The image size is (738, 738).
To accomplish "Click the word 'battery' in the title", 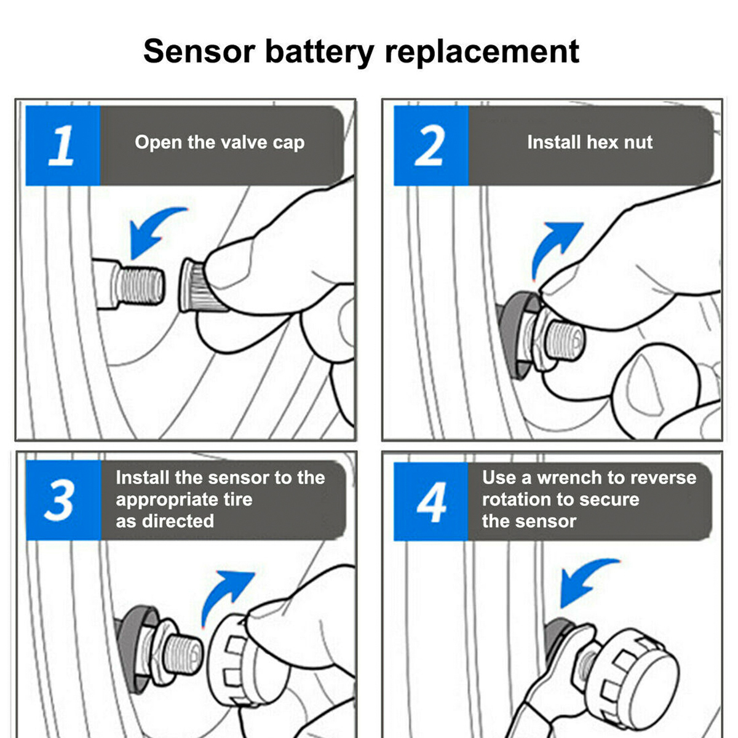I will (319, 51).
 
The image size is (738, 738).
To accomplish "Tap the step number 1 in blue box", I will (62, 146).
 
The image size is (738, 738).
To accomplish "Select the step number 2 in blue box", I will (430, 146).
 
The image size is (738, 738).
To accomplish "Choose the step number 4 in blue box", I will (431, 502).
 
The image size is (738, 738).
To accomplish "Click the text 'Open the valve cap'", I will (220, 143).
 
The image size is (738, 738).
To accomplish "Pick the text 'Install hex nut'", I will (589, 143).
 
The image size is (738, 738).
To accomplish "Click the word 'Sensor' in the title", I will (199, 51).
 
